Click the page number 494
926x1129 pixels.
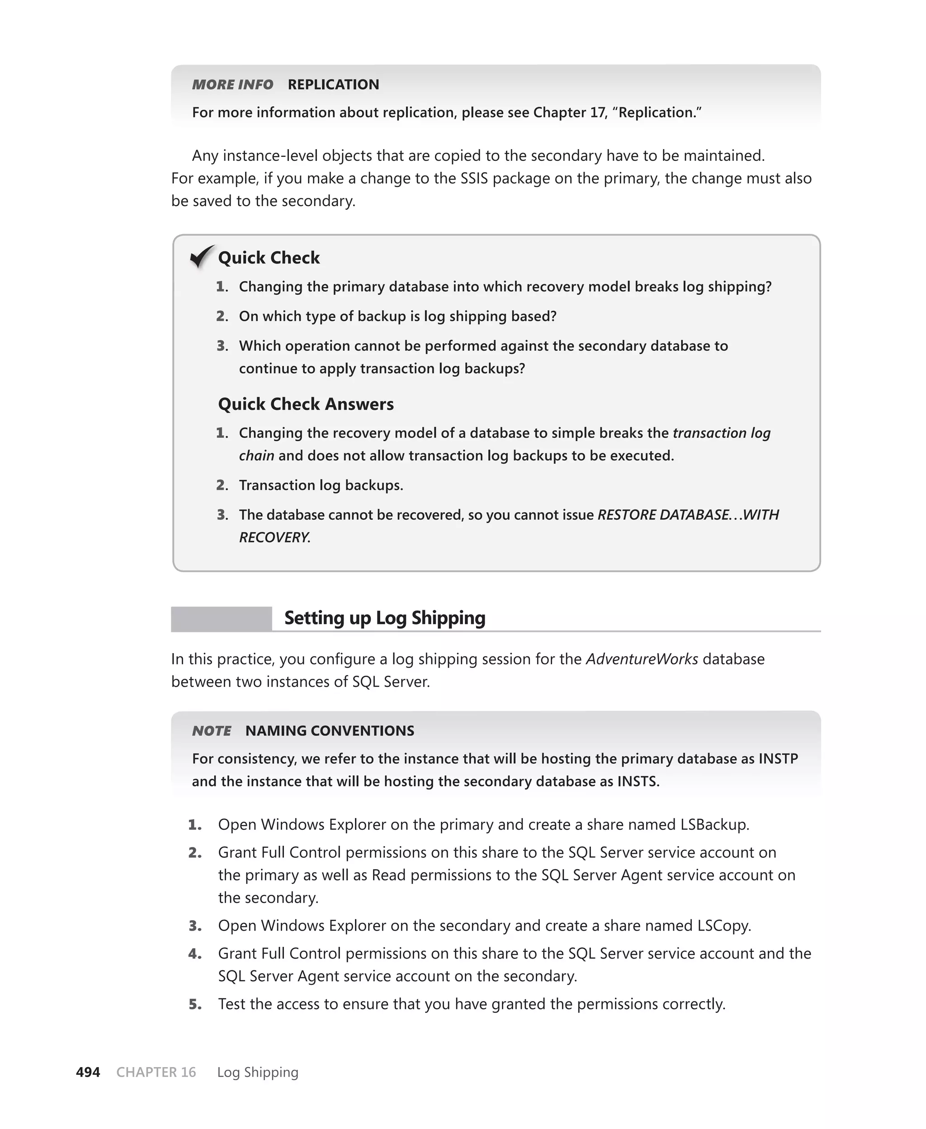click(88, 1072)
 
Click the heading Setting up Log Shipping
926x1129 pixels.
click(385, 618)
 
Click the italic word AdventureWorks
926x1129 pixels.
click(642, 659)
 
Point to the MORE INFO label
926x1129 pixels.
click(232, 85)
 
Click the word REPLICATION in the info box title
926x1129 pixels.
click(333, 85)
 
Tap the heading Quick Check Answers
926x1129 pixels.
click(306, 404)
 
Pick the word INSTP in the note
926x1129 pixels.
click(778, 758)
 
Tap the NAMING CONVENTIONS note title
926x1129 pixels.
click(330, 731)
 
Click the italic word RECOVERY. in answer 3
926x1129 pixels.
click(274, 537)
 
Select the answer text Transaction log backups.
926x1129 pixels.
click(321, 485)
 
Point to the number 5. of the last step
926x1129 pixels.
click(195, 1004)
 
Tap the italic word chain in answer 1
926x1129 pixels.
click(256, 456)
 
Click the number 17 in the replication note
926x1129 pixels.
click(597, 113)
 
